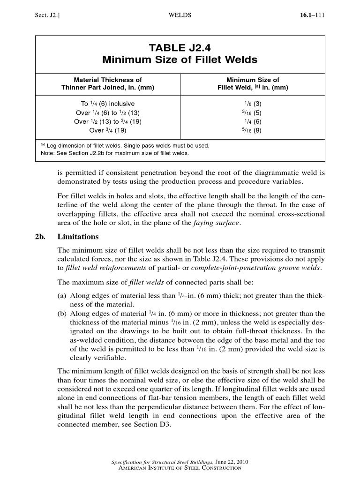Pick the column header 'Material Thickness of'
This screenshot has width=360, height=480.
tap(108, 80)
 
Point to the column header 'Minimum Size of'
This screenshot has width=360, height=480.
tap(253, 80)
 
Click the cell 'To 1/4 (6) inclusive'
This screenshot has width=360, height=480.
tap(108, 104)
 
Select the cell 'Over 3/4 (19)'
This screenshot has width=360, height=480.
tap(108, 131)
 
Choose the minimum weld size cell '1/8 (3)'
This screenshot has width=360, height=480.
tap(253, 104)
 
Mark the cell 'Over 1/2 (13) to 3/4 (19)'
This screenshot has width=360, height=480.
tap(108, 122)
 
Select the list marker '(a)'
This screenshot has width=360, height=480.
tap(62, 296)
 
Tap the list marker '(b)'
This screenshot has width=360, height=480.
tap(62, 314)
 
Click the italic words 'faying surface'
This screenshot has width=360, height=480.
tap(220, 223)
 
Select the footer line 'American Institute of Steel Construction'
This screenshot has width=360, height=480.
tap(180, 468)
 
